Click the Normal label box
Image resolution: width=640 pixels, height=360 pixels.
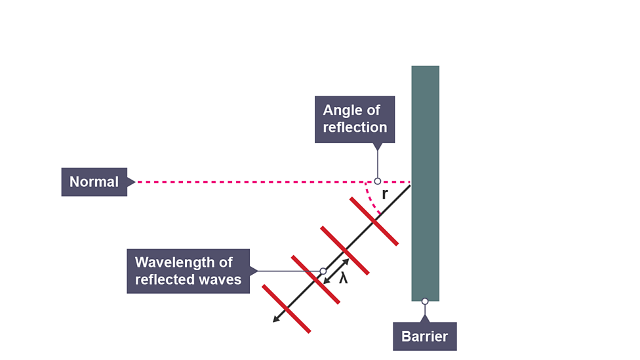(x=94, y=182)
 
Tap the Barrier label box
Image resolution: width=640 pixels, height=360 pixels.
(x=424, y=336)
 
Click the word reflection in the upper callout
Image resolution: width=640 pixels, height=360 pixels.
(x=355, y=127)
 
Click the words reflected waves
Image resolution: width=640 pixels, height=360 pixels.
(x=188, y=279)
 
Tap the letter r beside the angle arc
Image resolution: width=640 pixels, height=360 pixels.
(x=385, y=194)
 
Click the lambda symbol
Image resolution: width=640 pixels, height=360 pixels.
(x=343, y=278)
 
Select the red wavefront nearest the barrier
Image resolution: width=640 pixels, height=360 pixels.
(x=374, y=222)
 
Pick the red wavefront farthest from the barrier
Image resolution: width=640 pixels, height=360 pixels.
(x=286, y=309)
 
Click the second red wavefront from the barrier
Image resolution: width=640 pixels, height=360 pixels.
(x=345, y=250)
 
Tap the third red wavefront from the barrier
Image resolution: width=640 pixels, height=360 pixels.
(x=315, y=279)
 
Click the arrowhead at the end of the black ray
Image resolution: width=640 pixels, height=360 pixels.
(x=276, y=319)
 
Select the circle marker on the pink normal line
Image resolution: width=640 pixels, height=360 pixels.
(x=378, y=181)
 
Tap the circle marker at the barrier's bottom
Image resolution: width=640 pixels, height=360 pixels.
(x=425, y=302)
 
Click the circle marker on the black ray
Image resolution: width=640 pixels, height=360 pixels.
(x=323, y=271)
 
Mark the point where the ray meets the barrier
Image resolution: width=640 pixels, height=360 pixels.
(x=411, y=186)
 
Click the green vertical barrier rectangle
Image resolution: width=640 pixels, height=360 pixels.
(x=425, y=131)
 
